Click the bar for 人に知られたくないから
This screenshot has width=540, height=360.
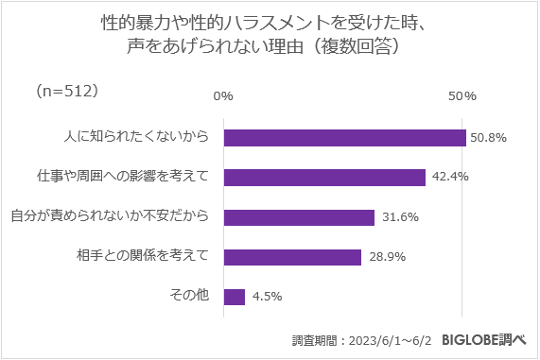[x=345, y=137]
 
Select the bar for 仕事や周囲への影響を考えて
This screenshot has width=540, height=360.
[x=324, y=177]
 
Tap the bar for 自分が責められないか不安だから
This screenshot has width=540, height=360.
[x=299, y=217]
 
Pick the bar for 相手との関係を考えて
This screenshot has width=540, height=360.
[x=292, y=257]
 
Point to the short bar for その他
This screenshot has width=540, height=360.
[x=235, y=297]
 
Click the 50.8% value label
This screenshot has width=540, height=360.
[x=489, y=137]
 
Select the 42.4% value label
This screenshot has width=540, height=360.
[x=449, y=177]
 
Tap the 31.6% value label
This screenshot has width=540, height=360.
[x=400, y=217]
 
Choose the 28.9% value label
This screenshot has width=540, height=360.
[x=387, y=257]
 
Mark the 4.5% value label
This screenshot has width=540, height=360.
[x=268, y=297]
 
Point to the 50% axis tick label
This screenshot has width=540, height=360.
[x=462, y=96]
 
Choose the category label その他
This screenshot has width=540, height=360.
[x=188, y=297]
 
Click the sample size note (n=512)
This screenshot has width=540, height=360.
[x=66, y=91]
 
